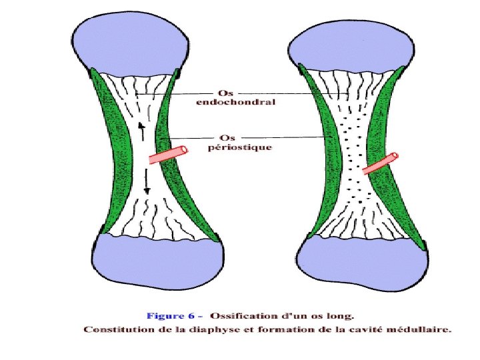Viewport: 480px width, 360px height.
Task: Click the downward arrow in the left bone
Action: (x=147, y=180)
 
